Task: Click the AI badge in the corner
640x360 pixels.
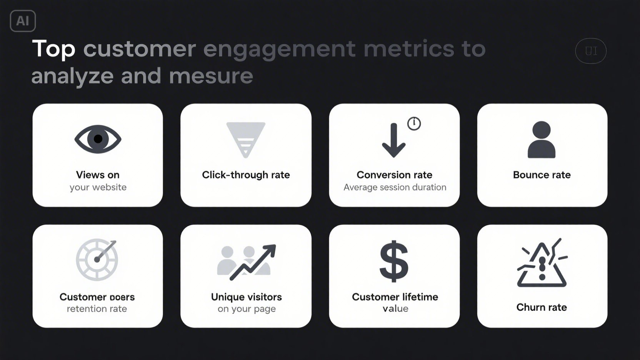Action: (23, 21)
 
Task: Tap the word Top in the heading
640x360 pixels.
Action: (53, 49)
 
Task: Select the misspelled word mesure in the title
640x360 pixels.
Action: (211, 76)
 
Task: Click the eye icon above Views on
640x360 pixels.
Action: (98, 139)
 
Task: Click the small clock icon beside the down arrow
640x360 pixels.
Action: (414, 123)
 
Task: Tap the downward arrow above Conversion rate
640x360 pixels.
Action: (393, 141)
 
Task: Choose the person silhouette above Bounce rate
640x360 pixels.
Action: (542, 140)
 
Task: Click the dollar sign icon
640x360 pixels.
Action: (394, 261)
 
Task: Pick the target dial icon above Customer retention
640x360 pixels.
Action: (97, 260)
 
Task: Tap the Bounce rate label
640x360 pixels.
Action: (542, 175)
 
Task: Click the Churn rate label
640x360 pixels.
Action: (542, 307)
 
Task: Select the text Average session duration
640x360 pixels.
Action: (395, 187)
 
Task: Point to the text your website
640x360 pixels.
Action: (98, 187)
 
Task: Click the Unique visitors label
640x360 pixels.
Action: (246, 297)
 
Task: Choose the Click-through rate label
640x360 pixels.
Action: (246, 175)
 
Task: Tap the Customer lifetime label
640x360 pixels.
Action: (395, 297)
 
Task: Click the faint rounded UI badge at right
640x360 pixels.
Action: (591, 51)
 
